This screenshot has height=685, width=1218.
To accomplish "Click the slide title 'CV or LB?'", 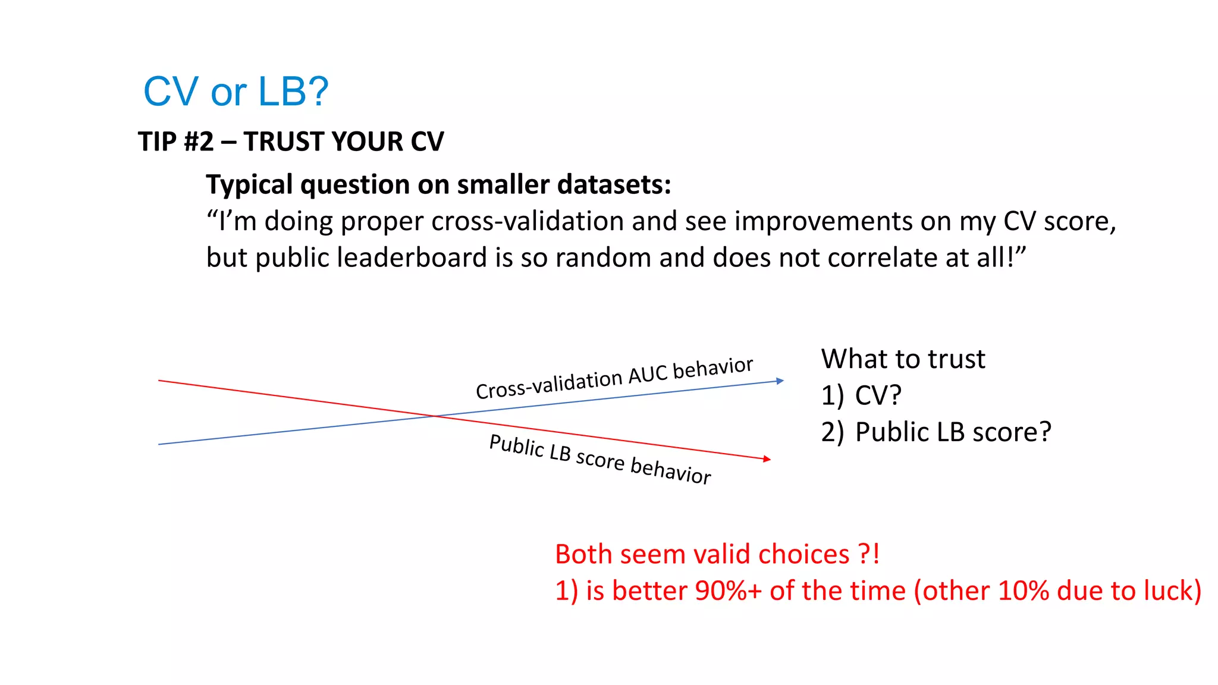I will pyautogui.click(x=236, y=92).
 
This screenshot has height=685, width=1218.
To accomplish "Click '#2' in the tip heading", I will pyautogui.click(x=199, y=142).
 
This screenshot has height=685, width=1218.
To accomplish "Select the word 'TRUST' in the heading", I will pyautogui.click(x=283, y=142).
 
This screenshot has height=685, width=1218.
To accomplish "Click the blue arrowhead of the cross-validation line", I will pyautogui.click(x=780, y=381).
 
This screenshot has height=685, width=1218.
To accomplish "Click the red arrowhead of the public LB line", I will pyautogui.click(x=767, y=458).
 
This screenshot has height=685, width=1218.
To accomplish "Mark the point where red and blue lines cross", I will pyautogui.click(x=436, y=416).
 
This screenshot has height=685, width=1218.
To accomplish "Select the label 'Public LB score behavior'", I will pyautogui.click(x=599, y=459).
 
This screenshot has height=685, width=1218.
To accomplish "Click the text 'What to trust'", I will pyautogui.click(x=903, y=359).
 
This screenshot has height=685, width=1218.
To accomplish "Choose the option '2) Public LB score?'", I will pyautogui.click(x=936, y=432).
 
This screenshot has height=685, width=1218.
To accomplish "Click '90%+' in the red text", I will pyautogui.click(x=728, y=591).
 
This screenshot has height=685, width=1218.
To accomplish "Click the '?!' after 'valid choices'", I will pyautogui.click(x=869, y=554).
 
